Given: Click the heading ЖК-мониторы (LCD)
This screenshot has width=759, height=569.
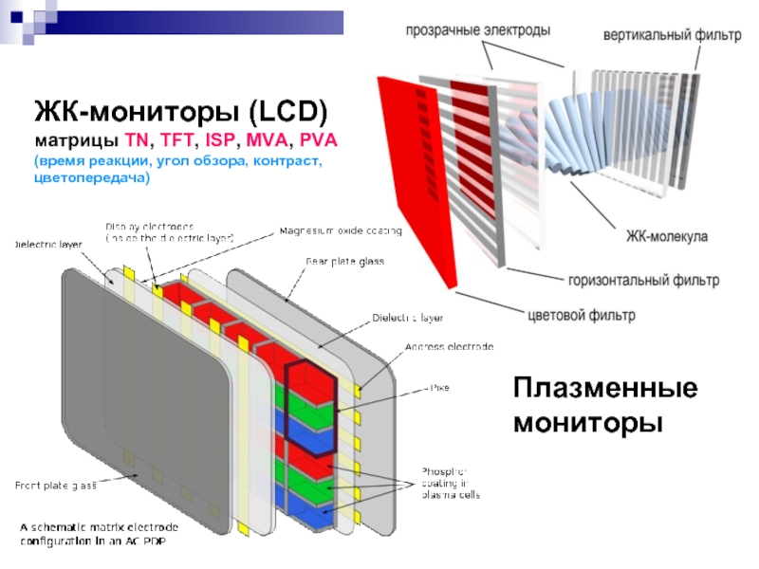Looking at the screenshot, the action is (180, 114).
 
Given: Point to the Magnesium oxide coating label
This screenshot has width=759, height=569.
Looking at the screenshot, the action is (341, 230).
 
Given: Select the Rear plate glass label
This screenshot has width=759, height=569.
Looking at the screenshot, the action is (344, 261).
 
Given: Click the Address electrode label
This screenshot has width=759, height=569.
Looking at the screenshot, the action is (449, 347).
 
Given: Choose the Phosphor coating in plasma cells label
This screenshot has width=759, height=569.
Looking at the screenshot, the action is (450, 483).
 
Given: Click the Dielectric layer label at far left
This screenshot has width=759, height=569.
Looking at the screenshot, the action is (46, 245).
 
